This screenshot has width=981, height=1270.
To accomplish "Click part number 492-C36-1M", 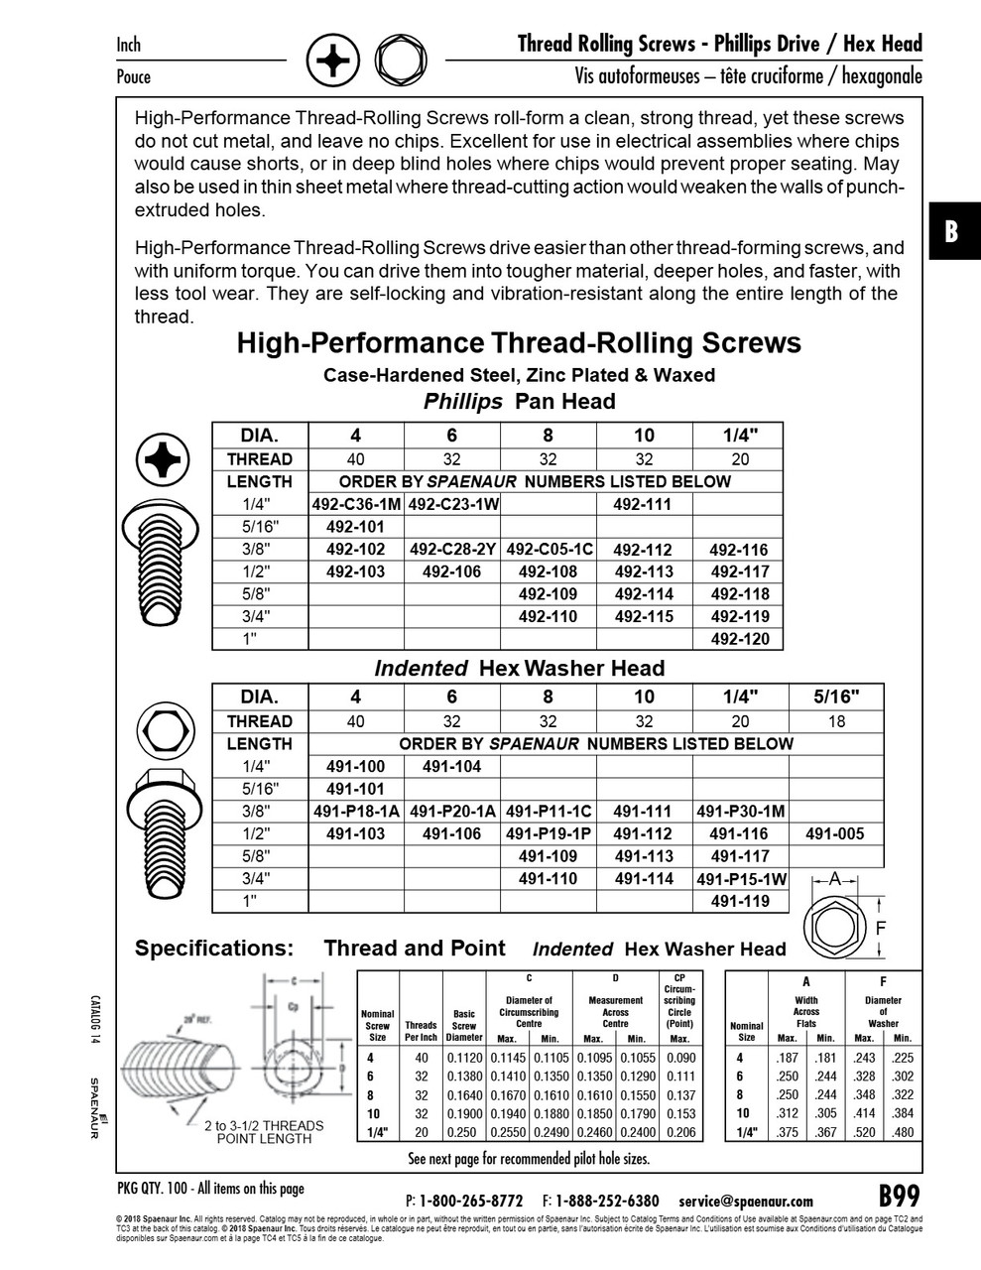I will point(356,504).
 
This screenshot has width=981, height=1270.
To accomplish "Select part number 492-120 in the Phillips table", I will point(740,639).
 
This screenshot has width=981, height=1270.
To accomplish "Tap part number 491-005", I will point(835,834).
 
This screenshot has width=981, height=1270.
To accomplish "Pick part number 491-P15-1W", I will point(741,879).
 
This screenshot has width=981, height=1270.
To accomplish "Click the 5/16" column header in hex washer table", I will point(835,697).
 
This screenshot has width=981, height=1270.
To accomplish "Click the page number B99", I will point(900,1195).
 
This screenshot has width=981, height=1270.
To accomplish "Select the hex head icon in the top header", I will point(399,62).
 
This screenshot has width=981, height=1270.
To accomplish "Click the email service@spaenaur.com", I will point(746,1201).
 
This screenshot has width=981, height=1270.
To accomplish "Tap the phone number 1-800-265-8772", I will point(470,1201).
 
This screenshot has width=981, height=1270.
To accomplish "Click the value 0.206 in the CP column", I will point(679,1132).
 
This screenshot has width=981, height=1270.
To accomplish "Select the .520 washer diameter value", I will point(864,1132).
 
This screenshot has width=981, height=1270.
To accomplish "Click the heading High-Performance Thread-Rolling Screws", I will point(519,343).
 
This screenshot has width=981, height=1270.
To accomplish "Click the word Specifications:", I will point(214,949).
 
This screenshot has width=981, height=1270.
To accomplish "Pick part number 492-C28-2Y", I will point(452,550).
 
